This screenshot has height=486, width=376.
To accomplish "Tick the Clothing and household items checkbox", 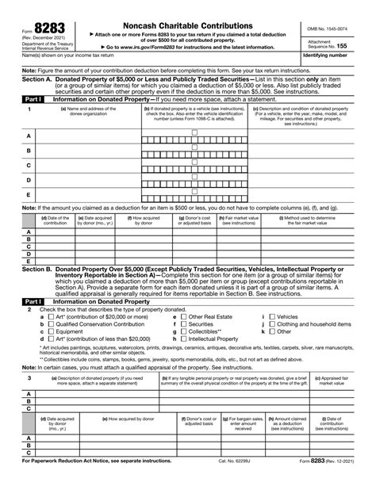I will coord(273,324).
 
